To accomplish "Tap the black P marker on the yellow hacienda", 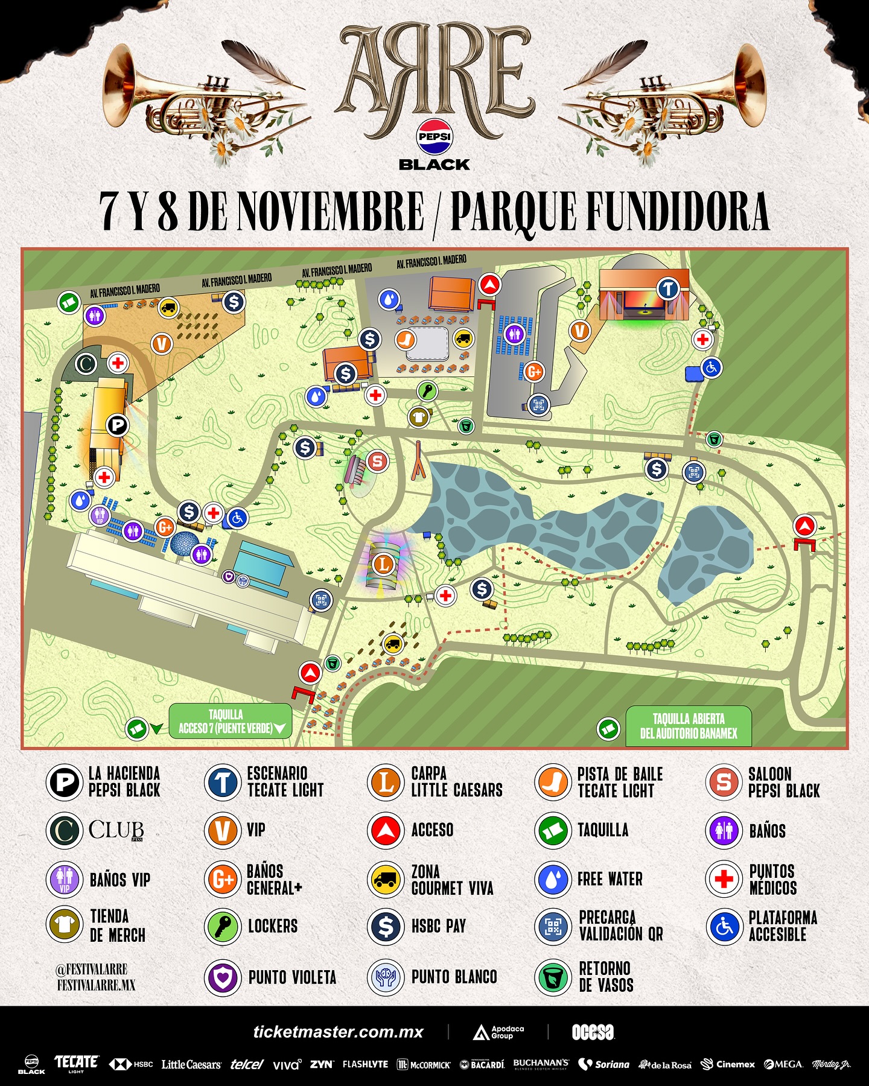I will tap(118, 425).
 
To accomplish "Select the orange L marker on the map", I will tap(384, 565).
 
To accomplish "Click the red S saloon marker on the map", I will tap(378, 462).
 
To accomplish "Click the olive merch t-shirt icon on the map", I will tap(418, 416).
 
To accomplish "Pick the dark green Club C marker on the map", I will tap(86, 364).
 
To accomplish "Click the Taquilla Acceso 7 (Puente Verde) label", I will tap(230, 722).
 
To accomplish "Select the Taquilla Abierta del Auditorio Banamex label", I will tap(689, 726).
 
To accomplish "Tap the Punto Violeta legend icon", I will tap(223, 977).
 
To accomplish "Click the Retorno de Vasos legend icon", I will tap(553, 977).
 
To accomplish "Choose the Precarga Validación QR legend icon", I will tap(553, 926).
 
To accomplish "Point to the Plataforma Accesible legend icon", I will tap(723, 926).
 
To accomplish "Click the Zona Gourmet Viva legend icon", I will tap(385, 880).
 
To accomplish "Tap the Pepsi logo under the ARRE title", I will tap(434, 136).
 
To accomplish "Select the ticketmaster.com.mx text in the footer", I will tap(338, 1032).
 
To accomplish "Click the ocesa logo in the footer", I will tap(593, 1032).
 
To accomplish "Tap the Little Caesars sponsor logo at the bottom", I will tap(191, 1064).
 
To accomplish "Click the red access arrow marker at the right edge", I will tap(804, 526).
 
